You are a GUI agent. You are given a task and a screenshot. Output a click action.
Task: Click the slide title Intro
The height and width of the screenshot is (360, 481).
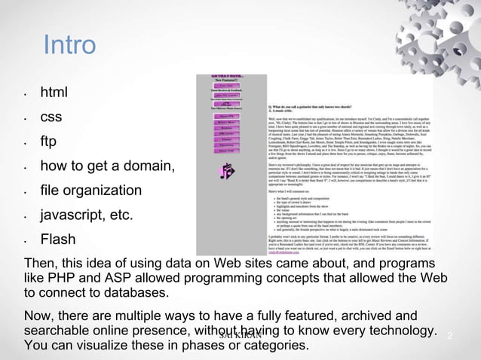pos(69,45)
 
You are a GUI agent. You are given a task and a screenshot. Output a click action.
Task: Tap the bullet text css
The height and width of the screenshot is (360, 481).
pos(51,117)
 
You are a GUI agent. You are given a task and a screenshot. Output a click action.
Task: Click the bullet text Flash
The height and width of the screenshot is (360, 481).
pos(58,240)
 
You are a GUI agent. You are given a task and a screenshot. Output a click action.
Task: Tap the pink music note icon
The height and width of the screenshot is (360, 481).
pos(227,172)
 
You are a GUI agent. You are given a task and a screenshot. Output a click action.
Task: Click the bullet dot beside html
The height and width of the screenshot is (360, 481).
pos(26,96)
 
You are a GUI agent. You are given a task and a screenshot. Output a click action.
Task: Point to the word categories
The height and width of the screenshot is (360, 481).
pos(276,346)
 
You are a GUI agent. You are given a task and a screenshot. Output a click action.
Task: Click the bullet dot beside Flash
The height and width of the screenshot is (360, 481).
pos(26,243)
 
